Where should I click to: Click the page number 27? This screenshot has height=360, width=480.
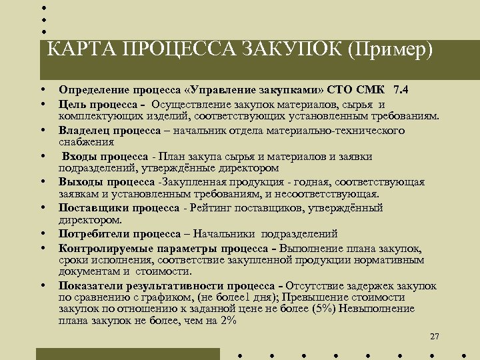click(x=435, y=336)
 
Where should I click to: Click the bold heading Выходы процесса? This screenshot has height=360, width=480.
click(x=106, y=182)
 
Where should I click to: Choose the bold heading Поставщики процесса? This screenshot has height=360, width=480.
click(x=119, y=208)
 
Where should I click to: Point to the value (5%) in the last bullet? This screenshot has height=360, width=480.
click(x=325, y=309)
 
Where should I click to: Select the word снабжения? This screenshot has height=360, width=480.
click(x=86, y=141)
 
